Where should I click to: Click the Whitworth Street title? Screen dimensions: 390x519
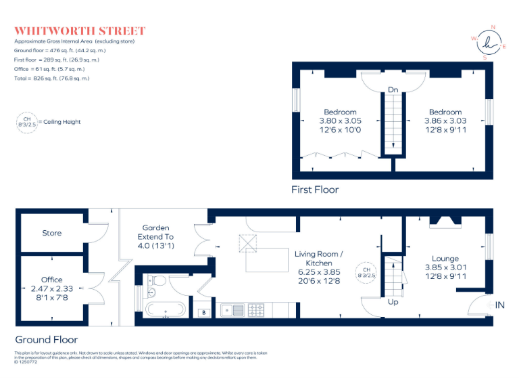80,31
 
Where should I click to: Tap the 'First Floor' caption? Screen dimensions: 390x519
315,190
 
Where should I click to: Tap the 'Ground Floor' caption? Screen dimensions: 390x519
47,340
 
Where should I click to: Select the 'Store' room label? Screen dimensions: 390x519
51,233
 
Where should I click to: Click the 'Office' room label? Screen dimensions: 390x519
51,280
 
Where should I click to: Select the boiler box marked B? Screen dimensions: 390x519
204,312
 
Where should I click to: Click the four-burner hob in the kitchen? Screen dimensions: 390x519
257,311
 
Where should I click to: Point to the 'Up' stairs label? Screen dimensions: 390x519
393,302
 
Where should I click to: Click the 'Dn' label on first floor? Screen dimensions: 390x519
393,89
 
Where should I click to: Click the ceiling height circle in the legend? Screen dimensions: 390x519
27,122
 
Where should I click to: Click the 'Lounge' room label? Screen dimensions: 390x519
445,259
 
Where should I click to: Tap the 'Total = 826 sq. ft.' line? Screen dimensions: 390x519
51,79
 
